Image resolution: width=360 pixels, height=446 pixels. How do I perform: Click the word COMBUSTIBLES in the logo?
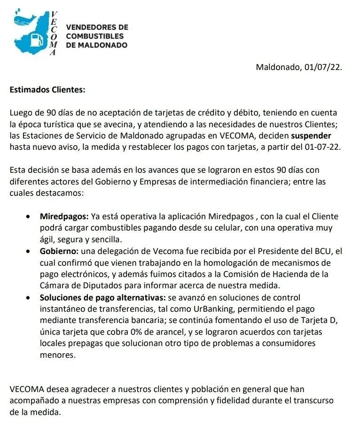tap(95, 36)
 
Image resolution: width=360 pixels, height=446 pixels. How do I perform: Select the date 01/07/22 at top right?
tap(323, 67)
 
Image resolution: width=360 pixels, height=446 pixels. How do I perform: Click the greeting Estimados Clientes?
tap(47, 89)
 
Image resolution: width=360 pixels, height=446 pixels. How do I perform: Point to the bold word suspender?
tap(312, 136)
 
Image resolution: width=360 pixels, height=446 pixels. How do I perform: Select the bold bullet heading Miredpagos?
tap(64, 216)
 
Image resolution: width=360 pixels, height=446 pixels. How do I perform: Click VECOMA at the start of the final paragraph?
tap(25, 389)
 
